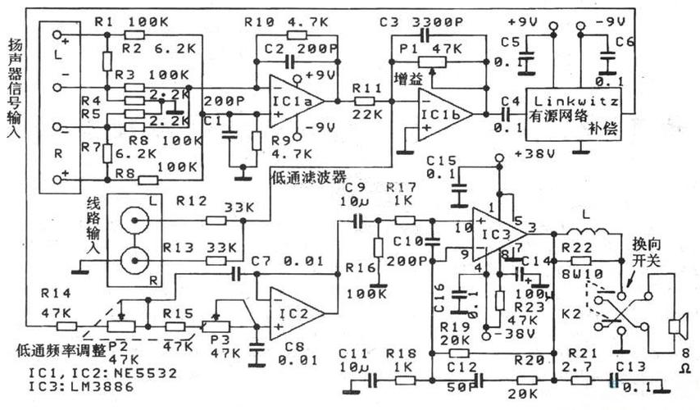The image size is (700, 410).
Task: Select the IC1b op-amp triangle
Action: [443, 112]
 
